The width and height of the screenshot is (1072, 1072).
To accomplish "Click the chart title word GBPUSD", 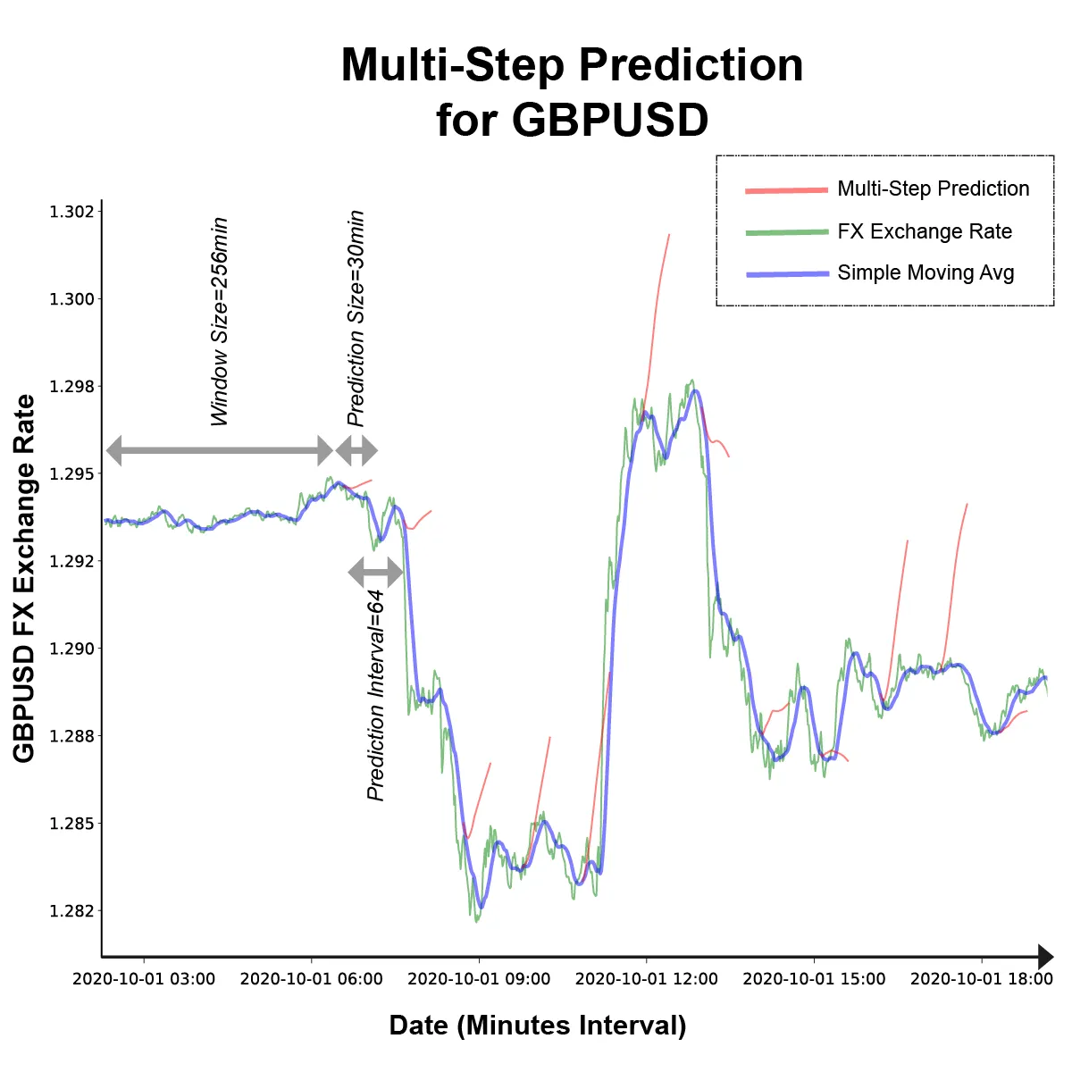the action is click(610, 120).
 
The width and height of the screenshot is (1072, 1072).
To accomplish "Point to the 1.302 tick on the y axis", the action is click(75, 212).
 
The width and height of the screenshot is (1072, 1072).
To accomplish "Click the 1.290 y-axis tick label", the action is click(75, 649).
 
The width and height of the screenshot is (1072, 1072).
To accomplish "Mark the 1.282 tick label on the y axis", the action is click(75, 911).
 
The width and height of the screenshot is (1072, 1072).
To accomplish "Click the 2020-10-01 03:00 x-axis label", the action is click(144, 979).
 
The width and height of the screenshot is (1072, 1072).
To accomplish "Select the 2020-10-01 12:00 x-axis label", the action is click(646, 979).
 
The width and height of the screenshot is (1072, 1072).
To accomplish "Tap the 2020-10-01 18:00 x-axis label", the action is click(981, 979).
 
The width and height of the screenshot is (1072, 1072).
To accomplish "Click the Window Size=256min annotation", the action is click(219, 322).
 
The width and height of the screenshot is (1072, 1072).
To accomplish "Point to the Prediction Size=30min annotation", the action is click(356, 318).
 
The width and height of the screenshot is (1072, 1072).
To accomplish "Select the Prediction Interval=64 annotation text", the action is click(376, 695).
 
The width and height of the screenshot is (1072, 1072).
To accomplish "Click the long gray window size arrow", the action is click(219, 450).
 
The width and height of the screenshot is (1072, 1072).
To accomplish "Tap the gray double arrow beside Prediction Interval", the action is click(375, 572).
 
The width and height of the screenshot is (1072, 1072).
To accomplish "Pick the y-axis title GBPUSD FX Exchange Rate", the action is click(24, 579).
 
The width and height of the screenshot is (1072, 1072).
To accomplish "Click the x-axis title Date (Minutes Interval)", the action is click(538, 1026).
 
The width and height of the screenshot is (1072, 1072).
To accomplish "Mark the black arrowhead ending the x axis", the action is click(1045, 957).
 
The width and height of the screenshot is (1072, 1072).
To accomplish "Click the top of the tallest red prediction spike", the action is click(669, 235).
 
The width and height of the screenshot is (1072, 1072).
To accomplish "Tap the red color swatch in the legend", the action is click(787, 190).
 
